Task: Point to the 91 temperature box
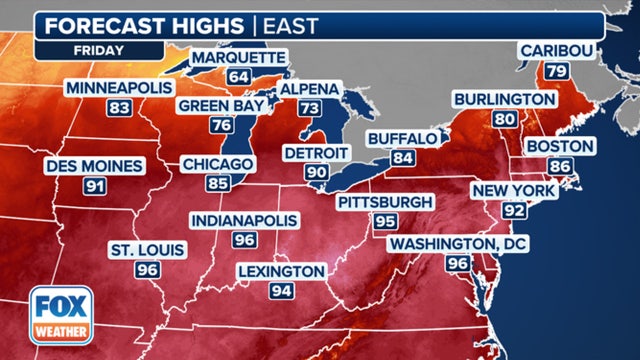tap(97, 186)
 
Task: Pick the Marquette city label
tap(237, 56)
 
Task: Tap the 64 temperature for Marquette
tap(238, 76)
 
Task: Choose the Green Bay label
tap(221, 105)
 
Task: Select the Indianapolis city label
tap(245, 219)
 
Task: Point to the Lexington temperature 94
tap(281, 291)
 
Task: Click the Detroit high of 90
tap(316, 173)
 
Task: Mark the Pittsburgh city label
tap(385, 202)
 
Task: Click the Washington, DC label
tap(458, 244)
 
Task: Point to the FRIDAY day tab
tap(98, 47)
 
